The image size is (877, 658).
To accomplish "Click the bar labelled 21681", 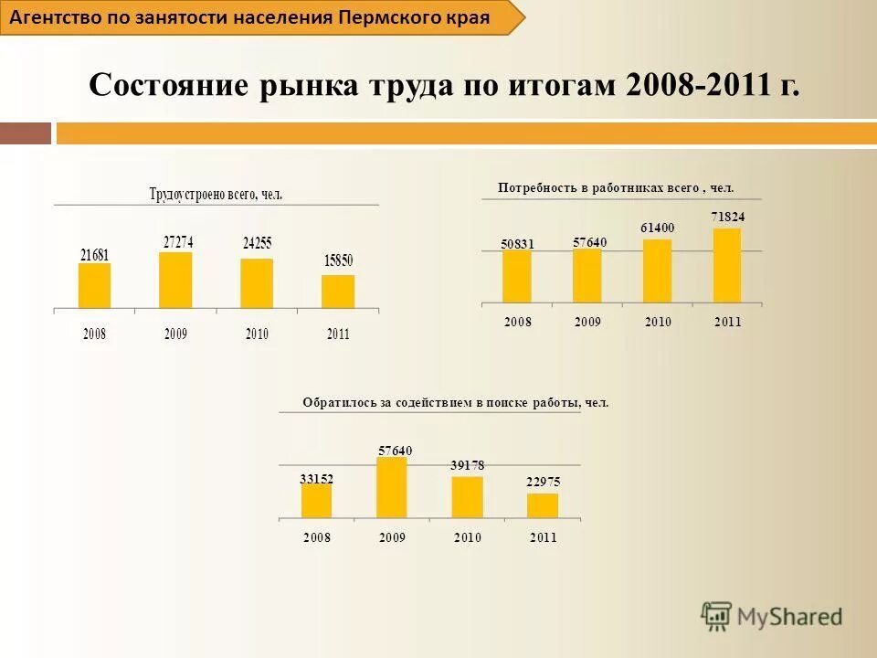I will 94,286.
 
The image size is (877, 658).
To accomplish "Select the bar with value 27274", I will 175,281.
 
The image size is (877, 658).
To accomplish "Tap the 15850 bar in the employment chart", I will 337,292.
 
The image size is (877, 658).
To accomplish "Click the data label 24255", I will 257,244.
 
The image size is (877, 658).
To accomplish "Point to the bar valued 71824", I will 727,265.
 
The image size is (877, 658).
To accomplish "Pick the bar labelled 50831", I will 516,276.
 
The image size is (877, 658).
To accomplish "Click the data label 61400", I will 657,228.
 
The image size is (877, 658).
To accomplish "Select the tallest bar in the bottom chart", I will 391,488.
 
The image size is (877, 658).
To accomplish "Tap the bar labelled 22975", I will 542,505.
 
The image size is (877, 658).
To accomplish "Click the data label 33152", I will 316,478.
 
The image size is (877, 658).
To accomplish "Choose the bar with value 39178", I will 467,497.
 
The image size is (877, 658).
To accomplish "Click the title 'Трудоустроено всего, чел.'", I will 217,194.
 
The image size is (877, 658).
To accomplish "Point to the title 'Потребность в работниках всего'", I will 616,187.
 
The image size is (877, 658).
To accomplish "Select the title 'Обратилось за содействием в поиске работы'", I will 455,402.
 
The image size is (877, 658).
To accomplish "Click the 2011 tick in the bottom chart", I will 543,537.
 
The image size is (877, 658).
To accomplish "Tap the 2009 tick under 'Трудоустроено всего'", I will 175,334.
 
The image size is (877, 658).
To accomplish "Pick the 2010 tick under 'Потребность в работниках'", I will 658,322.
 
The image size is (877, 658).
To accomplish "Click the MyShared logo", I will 772,617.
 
